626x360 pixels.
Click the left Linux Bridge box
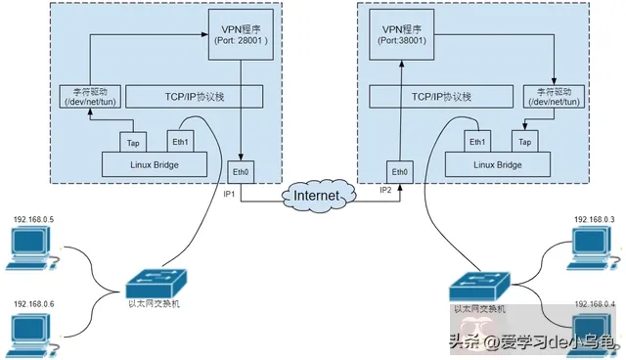[155, 164]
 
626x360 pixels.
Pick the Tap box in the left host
[134, 142]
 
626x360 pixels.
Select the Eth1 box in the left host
[181, 140]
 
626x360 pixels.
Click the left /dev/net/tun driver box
[81, 97]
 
